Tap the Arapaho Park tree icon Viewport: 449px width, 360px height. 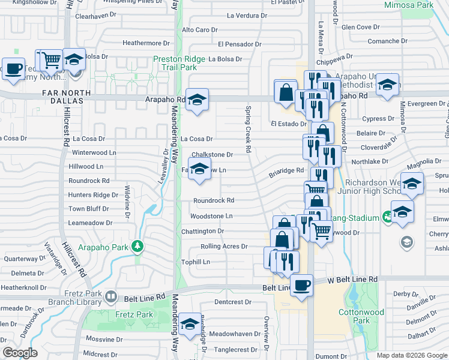tap(138, 245)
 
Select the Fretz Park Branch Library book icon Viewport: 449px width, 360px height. tap(110, 296)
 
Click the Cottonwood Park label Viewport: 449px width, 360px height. tap(361, 316)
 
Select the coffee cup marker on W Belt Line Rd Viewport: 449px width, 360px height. tap(301, 284)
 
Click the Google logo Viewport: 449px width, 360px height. tap(20, 353)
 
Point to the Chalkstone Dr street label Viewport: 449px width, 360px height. tap(212, 155)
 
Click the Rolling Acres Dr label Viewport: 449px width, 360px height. tap(223, 247)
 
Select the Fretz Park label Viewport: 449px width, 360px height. tap(136, 314)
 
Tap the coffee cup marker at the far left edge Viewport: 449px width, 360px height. tap(13, 68)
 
